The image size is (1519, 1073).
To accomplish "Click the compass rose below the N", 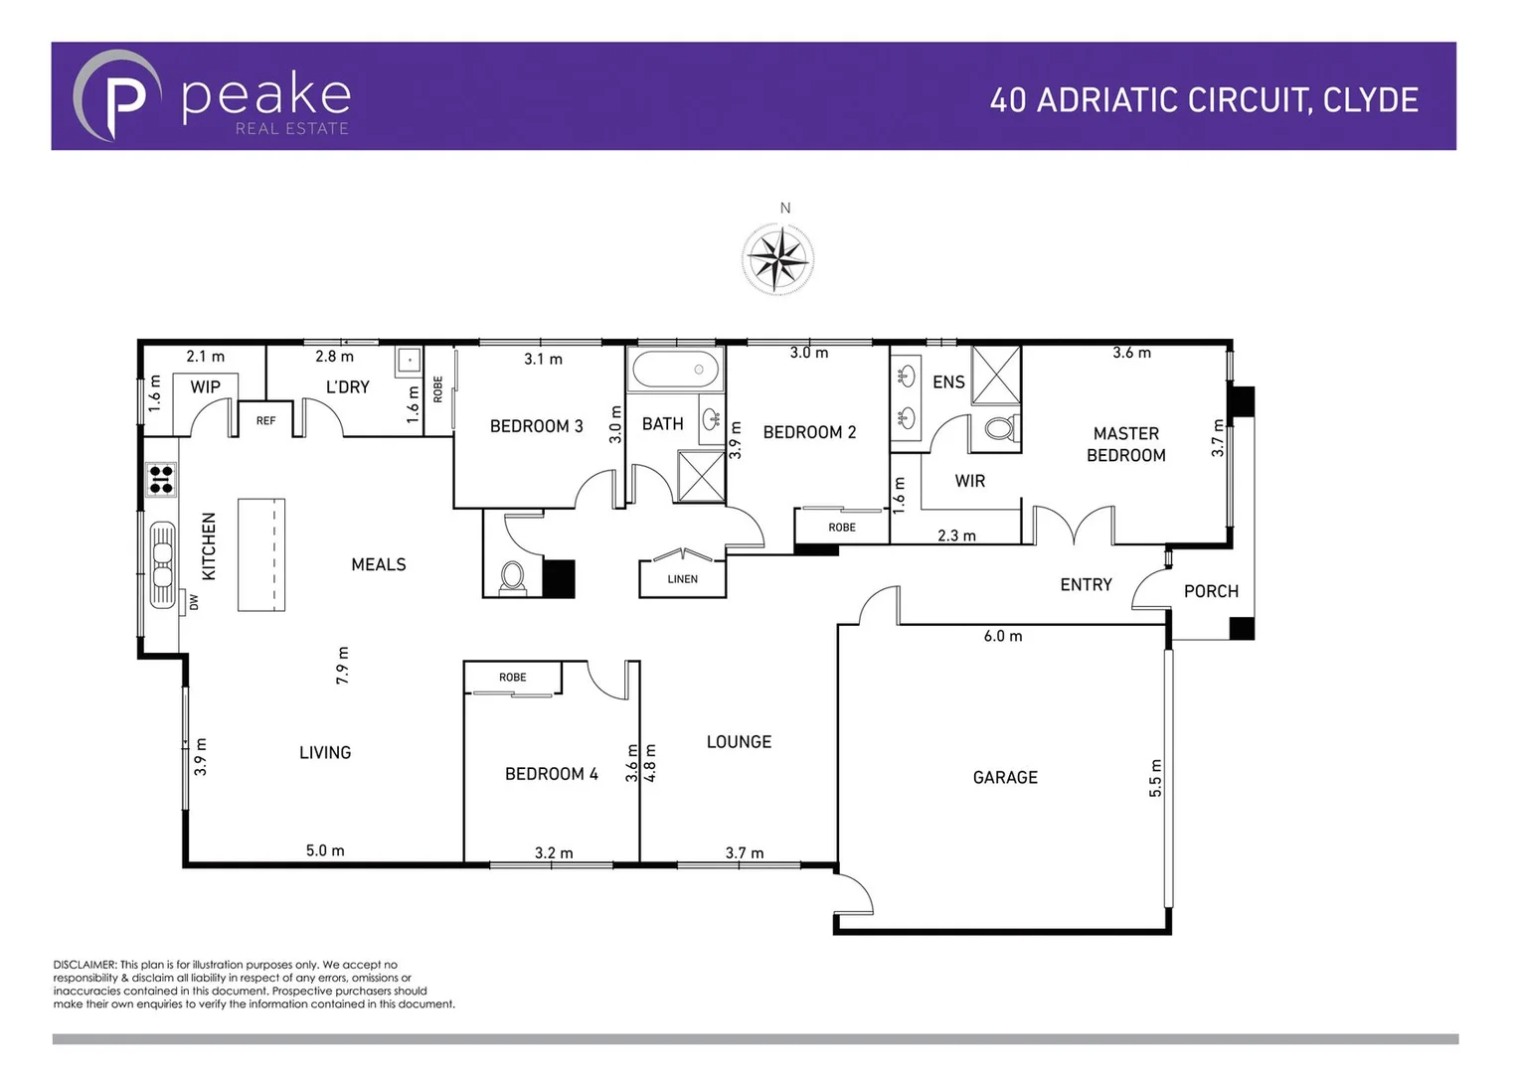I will coord(778,259).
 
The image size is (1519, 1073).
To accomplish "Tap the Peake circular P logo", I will coord(117,96).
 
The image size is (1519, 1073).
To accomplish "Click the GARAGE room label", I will coord(1005,778).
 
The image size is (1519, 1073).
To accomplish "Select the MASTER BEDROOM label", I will coord(1125,444).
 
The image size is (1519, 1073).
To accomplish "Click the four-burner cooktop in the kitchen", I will coord(161,480).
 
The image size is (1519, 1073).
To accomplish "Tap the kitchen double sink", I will coord(162,563).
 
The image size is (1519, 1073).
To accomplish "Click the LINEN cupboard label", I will coord(682,579).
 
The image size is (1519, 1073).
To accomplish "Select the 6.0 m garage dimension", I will coord(1002,636).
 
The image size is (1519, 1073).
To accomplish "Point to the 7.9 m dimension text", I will coord(343,665).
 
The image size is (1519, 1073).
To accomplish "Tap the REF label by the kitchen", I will coord(265,421).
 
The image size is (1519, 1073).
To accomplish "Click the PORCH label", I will coord(1211,591).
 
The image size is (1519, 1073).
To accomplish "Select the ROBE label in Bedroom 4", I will coord(512,678).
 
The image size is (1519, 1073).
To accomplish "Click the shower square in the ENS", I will coord(996,375).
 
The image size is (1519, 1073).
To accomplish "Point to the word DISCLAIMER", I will coord(85,965).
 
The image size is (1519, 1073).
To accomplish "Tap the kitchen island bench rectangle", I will coord(261,554).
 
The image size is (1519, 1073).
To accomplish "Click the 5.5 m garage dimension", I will coord(1155,778).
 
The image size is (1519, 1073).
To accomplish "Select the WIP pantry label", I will coord(205,386).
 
